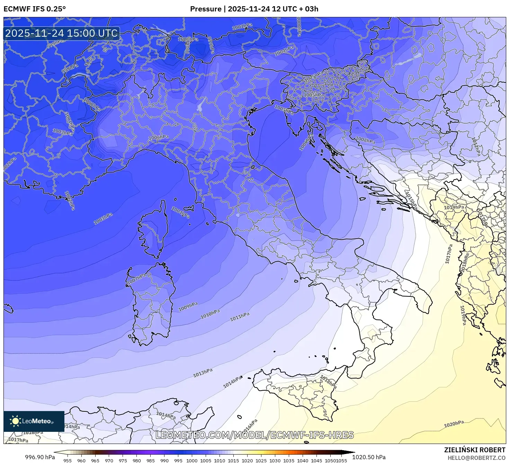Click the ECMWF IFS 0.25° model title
pyautogui.click(x=35, y=9)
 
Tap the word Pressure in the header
pyautogui.click(x=206, y=9)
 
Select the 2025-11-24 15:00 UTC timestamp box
pyautogui.click(x=62, y=34)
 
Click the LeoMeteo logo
pyautogui.click(x=34, y=421)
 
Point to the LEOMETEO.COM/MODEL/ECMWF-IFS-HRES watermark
pyautogui.click(x=254, y=435)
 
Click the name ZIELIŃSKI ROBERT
pyautogui.click(x=474, y=450)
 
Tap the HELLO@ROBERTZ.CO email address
pyautogui.click(x=476, y=458)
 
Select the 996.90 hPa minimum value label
pyautogui.click(x=40, y=457)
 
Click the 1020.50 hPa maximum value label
pyautogui.click(x=369, y=457)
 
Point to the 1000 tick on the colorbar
pyautogui.click(x=192, y=461)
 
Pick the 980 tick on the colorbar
pyautogui.click(x=137, y=461)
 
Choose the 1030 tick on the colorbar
pyautogui.click(x=275, y=461)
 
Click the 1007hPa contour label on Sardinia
pyautogui.click(x=136, y=279)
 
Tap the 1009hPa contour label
pyautogui.click(x=188, y=306)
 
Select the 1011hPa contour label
pyautogui.click(x=240, y=317)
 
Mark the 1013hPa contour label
pyautogui.click(x=203, y=373)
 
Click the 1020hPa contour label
pyautogui.click(x=454, y=424)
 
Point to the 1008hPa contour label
pyautogui.click(x=365, y=140)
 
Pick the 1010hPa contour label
pyautogui.click(x=210, y=314)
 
